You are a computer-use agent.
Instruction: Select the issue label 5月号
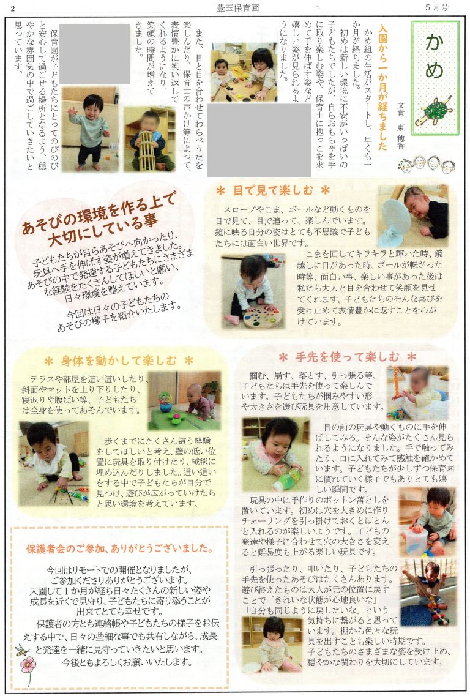437,7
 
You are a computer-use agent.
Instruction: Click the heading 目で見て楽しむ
273,191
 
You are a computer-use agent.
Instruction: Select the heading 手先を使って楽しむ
348,357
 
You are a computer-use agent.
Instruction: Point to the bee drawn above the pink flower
21,650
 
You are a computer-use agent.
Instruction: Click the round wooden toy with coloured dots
262,316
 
